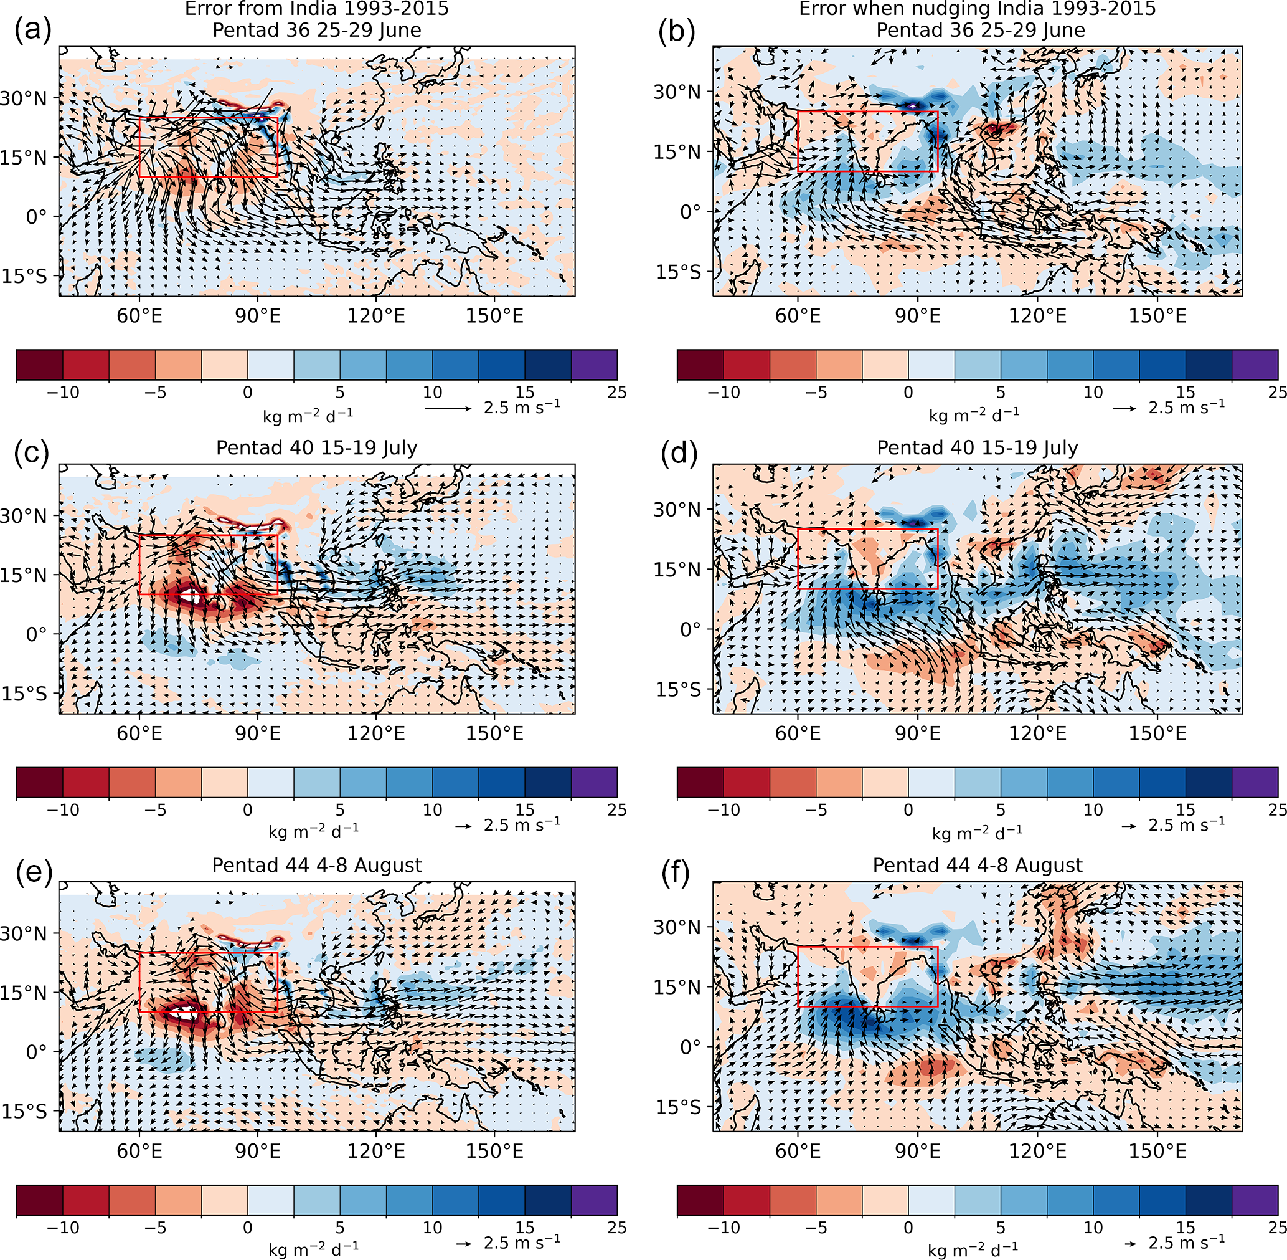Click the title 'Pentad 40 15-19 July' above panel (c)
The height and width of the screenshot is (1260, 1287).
pyautogui.click(x=317, y=448)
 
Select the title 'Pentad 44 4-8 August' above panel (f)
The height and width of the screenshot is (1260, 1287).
pyautogui.click(x=978, y=866)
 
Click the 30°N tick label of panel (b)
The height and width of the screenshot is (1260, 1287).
pyautogui.click(x=677, y=92)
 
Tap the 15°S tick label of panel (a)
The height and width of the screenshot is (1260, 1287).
pyautogui.click(x=24, y=276)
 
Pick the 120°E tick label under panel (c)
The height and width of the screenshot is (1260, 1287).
pyautogui.click(x=375, y=734)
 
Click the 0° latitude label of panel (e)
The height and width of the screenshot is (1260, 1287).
pyautogui.click(x=36, y=1051)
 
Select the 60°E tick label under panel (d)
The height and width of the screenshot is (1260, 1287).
pyautogui.click(x=798, y=734)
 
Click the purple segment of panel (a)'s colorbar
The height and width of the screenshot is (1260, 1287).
pyautogui.click(x=594, y=365)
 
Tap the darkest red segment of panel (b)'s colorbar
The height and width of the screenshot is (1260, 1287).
pyautogui.click(x=700, y=365)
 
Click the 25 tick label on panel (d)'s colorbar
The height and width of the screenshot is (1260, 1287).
pyautogui.click(x=1277, y=810)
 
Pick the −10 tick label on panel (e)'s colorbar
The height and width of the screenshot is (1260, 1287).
pyautogui.click(x=63, y=1228)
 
